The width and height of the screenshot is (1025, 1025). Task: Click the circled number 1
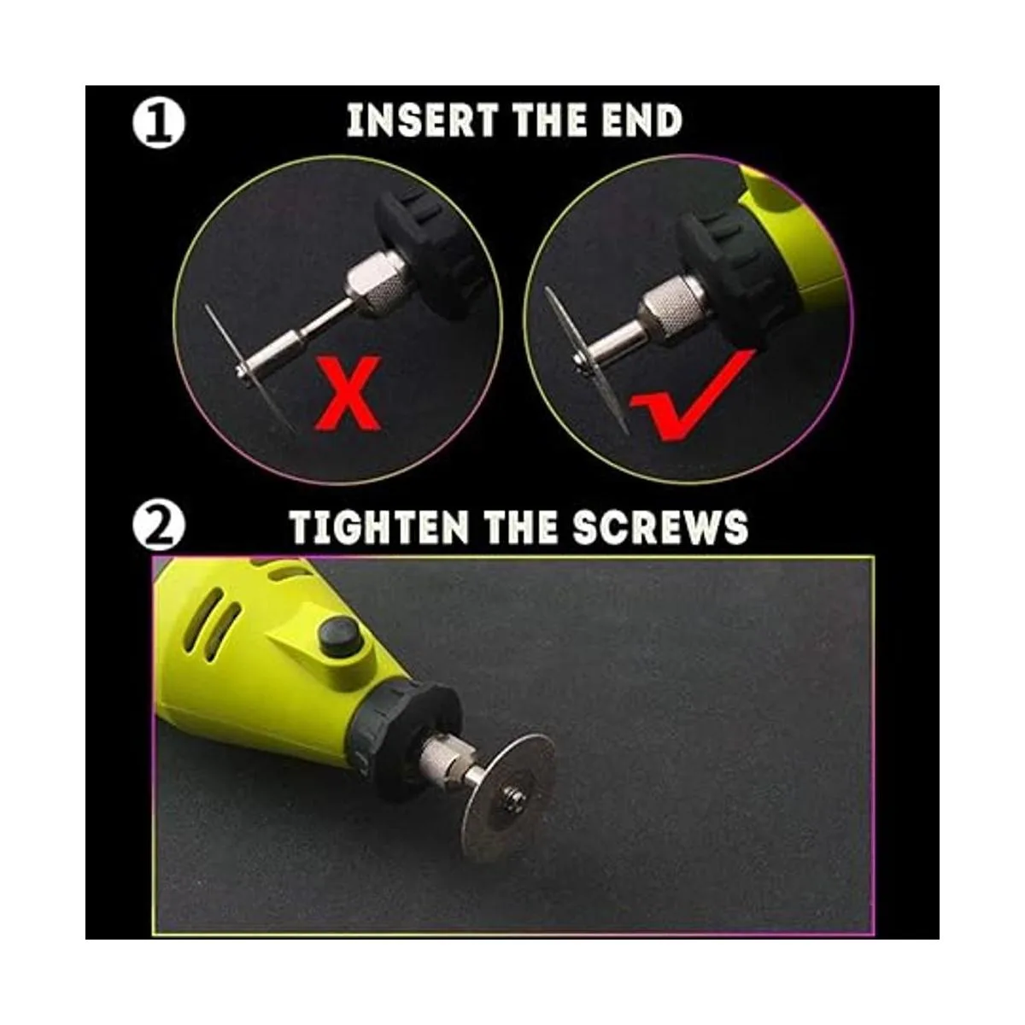(158, 124)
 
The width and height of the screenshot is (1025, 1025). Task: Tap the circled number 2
(158, 528)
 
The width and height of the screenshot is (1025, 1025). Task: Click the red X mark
(348, 393)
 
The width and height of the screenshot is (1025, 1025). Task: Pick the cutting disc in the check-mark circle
(585, 359)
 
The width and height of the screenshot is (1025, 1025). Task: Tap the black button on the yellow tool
(339, 636)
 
